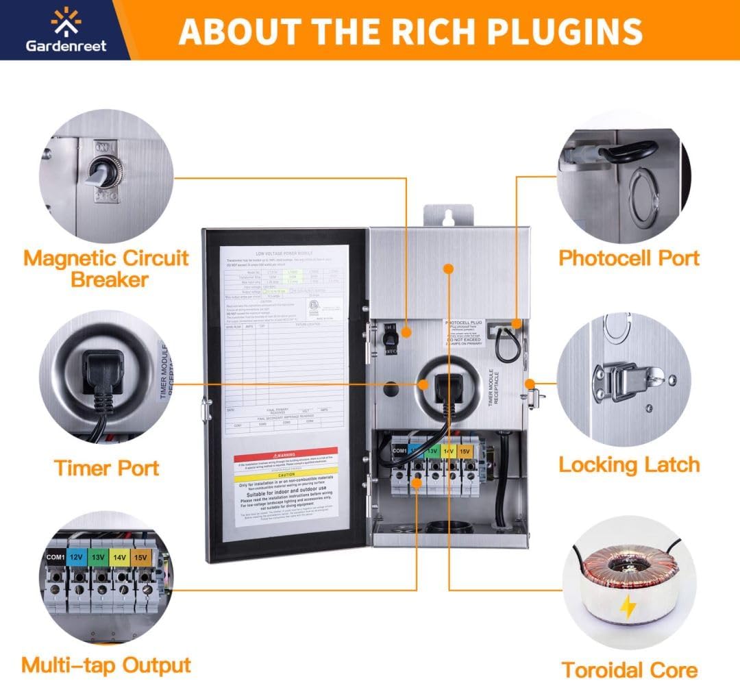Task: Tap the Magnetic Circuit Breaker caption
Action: [106, 269]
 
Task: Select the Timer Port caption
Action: [106, 469]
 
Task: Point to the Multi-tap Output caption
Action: [106, 665]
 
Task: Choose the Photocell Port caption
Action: [629, 258]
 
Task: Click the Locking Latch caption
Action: [629, 465]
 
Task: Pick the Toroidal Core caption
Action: [629, 669]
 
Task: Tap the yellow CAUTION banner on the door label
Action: [286, 473]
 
